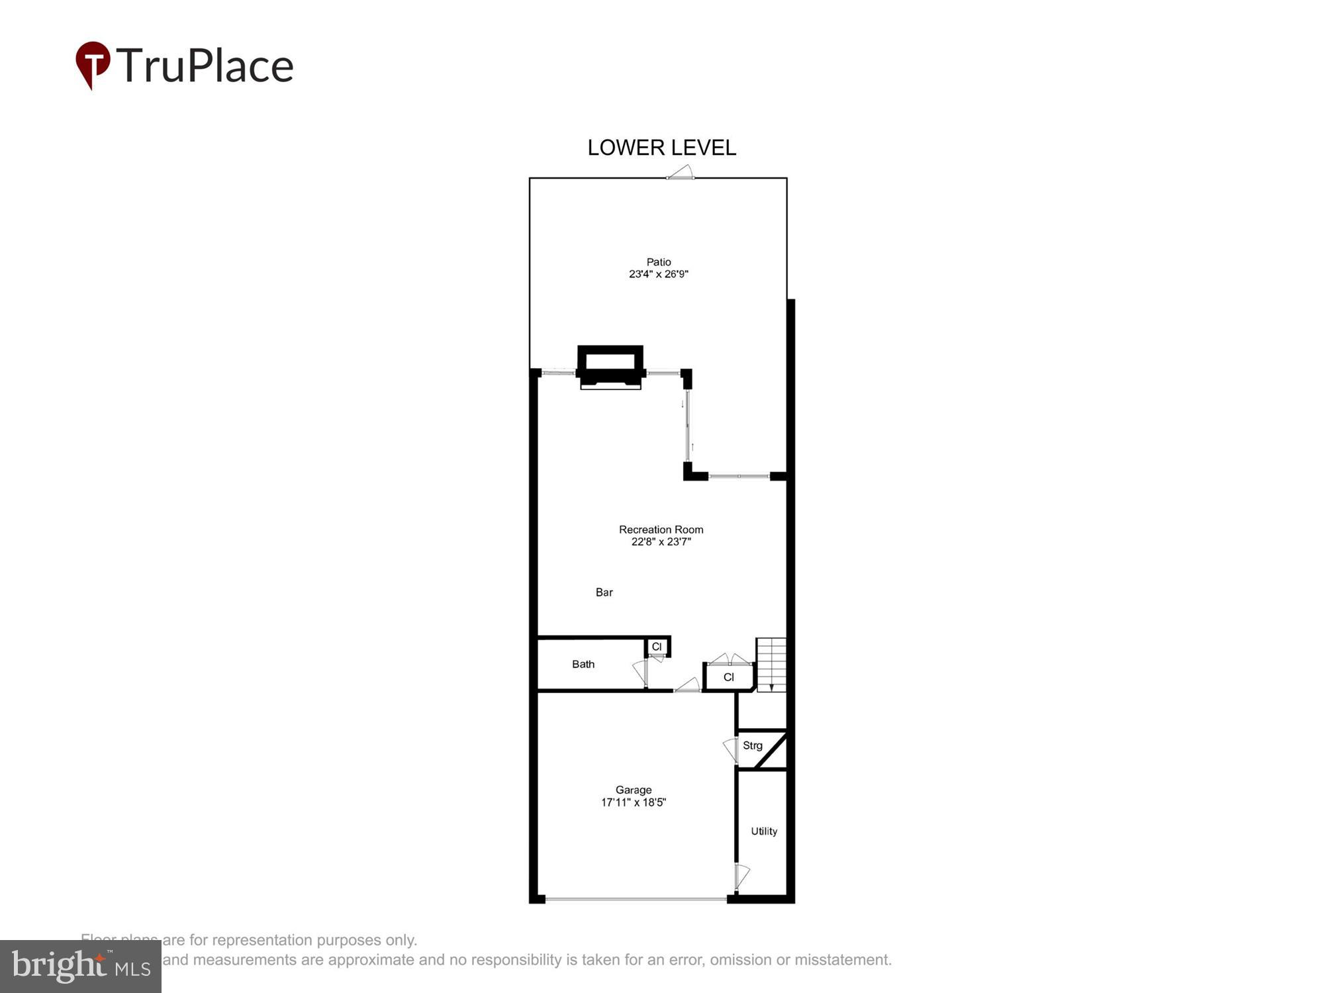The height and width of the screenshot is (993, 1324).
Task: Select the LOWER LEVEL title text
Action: [x=661, y=148]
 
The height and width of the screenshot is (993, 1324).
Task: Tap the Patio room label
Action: [x=659, y=262]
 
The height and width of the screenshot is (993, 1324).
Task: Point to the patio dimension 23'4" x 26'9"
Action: [x=659, y=274]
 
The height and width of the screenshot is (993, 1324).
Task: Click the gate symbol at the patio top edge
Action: [x=681, y=173]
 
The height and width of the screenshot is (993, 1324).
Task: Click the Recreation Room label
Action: [x=661, y=530]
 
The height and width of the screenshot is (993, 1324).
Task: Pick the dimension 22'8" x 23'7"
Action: [x=661, y=542]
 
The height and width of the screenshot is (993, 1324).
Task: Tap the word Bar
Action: [x=604, y=592]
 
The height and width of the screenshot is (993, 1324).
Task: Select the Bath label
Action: [x=583, y=664]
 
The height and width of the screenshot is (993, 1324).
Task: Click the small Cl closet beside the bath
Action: [x=657, y=647]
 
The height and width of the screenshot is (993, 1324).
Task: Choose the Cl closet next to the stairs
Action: [x=729, y=677]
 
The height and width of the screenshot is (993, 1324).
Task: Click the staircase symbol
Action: [x=771, y=665]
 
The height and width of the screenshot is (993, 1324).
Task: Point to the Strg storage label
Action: [x=753, y=745]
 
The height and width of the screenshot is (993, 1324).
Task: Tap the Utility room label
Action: [x=764, y=831]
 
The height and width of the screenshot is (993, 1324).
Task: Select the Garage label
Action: [x=634, y=790]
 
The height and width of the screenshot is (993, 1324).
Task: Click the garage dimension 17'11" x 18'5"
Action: [x=634, y=802]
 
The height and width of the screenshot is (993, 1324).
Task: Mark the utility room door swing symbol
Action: [x=741, y=875]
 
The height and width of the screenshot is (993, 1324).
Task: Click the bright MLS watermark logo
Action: [x=81, y=967]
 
